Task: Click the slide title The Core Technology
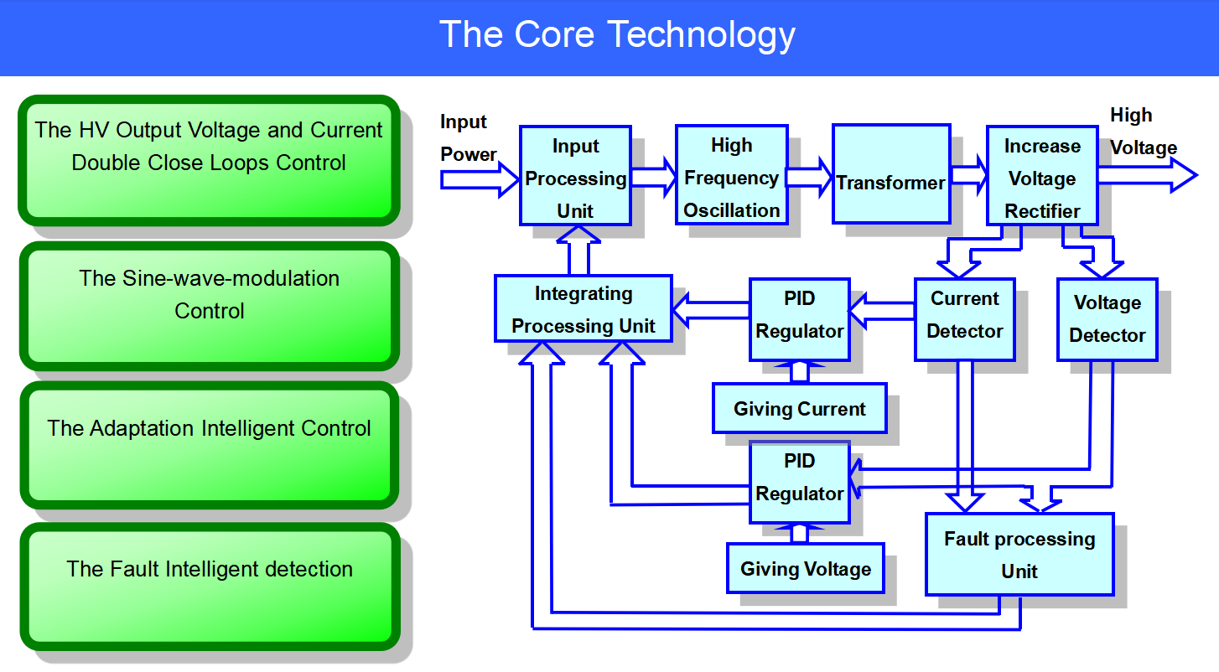tap(617, 35)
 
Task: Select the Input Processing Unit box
tap(575, 177)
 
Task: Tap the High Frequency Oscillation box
tap(731, 176)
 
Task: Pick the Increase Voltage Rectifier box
tap(1041, 177)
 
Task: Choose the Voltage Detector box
tap(1107, 319)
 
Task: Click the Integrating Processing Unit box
tap(584, 308)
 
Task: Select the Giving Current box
tap(799, 409)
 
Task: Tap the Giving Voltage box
tap(805, 569)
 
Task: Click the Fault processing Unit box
tap(1019, 554)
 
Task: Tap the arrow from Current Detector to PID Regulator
tap(880, 312)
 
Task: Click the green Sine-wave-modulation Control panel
tap(209, 306)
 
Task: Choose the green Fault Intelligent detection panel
tap(209, 587)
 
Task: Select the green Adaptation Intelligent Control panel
tap(209, 445)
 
